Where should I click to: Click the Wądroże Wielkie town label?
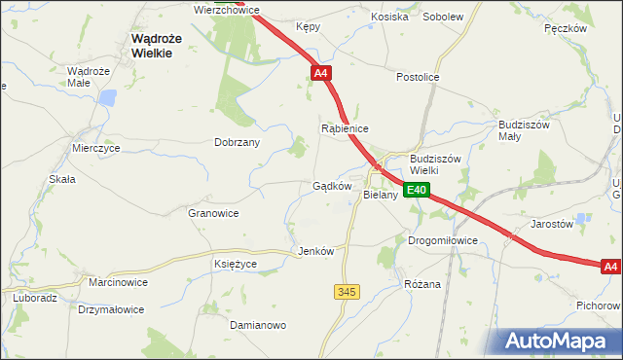click(x=151, y=46)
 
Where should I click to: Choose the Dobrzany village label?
click(x=237, y=141)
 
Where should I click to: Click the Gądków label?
click(x=331, y=186)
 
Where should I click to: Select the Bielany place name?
click(x=381, y=195)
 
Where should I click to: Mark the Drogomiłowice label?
click(x=443, y=239)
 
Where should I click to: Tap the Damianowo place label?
click(x=258, y=325)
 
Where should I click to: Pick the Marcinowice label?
click(x=118, y=282)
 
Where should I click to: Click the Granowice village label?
click(x=213, y=212)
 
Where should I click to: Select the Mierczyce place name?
click(x=95, y=148)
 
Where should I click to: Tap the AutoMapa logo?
click(x=560, y=341)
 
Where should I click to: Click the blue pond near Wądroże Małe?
click(x=108, y=98)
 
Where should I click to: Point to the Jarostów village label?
click(x=551, y=223)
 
